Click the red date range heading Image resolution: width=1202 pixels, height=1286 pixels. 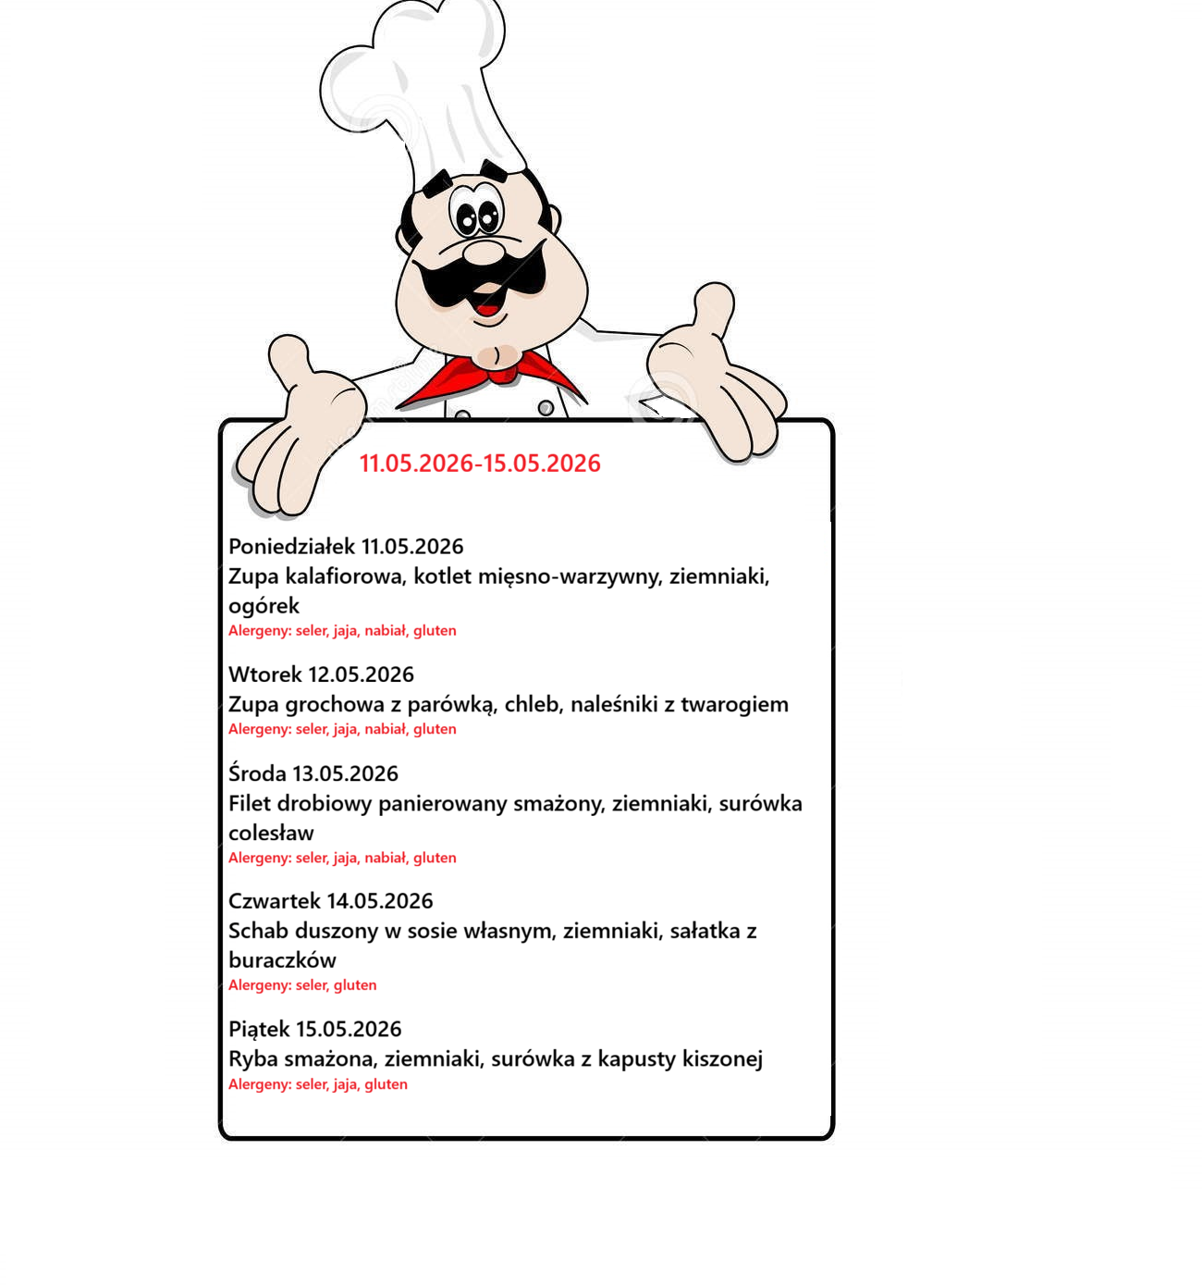(480, 464)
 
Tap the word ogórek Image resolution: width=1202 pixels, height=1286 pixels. (264, 606)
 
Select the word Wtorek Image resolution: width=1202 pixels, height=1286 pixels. (264, 674)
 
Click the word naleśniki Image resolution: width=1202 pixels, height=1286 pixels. (613, 705)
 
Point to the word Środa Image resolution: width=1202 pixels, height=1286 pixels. (257, 773)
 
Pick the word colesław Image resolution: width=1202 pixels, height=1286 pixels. (271, 834)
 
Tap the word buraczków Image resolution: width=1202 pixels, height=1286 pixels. (282, 960)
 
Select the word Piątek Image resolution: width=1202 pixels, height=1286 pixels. (258, 1030)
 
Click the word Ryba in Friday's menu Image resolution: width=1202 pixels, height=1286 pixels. (252, 1059)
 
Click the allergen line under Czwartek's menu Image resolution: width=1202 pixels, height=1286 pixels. (302, 985)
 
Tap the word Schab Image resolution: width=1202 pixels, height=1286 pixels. (258, 931)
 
